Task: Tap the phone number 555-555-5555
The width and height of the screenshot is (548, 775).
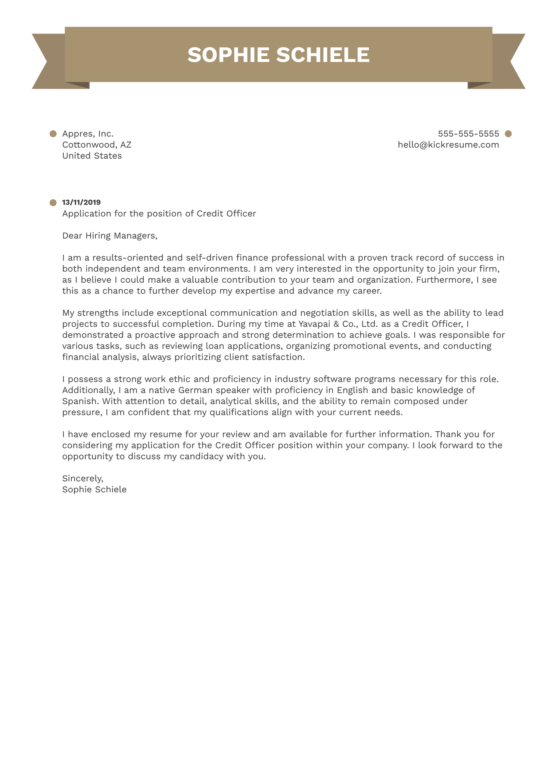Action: tap(468, 134)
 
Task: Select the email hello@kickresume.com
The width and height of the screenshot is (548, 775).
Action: tap(448, 145)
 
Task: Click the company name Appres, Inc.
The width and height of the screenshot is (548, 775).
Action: tap(88, 134)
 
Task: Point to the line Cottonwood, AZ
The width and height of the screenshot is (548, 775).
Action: tap(97, 145)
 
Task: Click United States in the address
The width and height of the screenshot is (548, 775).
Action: tap(92, 156)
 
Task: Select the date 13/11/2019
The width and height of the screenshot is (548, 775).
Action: tap(81, 202)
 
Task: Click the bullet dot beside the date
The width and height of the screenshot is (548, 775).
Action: tap(53, 203)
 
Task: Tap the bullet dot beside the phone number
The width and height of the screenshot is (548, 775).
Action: tap(508, 134)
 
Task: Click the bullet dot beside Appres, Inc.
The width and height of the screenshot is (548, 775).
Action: tap(53, 134)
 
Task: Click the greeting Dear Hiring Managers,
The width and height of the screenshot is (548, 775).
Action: tap(110, 236)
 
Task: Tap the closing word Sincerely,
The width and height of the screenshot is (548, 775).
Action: tap(82, 478)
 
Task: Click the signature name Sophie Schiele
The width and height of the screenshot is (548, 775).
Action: tap(94, 489)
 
